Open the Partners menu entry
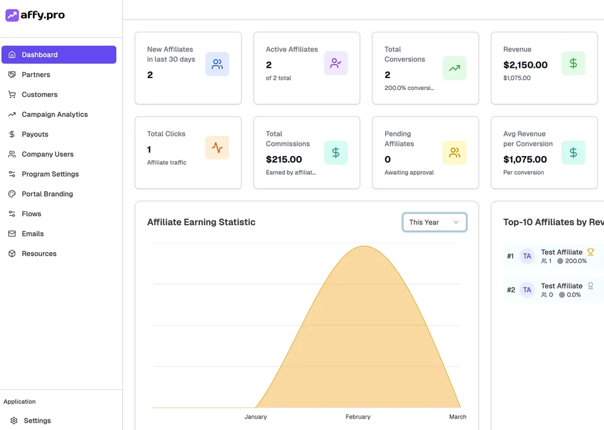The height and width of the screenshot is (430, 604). [x=36, y=75]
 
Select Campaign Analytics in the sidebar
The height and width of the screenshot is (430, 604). [x=55, y=114]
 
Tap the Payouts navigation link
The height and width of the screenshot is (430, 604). [x=35, y=135]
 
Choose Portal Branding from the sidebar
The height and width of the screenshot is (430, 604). [x=47, y=194]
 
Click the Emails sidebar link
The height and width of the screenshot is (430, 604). [x=33, y=234]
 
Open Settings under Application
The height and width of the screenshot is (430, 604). [x=37, y=421]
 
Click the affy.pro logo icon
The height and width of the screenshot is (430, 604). [x=12, y=15]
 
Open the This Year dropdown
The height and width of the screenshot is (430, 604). [x=435, y=222]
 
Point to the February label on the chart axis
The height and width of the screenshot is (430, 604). [x=358, y=417]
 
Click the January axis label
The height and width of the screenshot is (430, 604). [x=255, y=417]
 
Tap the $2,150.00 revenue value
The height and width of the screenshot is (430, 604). [x=525, y=65]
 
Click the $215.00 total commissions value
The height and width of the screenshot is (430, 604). [x=284, y=160]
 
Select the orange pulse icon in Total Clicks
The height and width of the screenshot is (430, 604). [x=217, y=148]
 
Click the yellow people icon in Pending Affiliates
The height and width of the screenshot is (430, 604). [x=454, y=153]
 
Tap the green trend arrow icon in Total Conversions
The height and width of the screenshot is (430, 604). [x=454, y=68]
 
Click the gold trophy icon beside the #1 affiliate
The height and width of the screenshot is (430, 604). [x=590, y=252]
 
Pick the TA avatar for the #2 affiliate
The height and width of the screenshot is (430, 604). [x=527, y=290]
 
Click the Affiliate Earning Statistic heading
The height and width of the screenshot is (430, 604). [x=201, y=222]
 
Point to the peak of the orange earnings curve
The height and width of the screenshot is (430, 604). [x=364, y=246]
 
